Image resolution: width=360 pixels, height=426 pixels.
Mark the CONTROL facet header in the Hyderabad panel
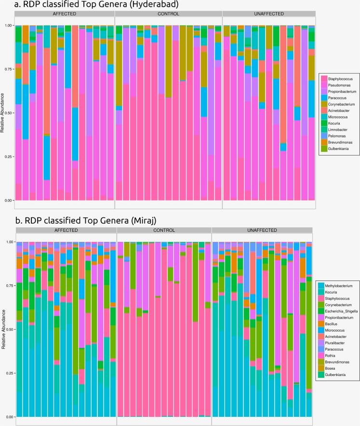click(x=168, y=14)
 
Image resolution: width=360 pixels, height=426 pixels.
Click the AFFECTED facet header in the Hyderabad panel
click(x=64, y=14)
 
